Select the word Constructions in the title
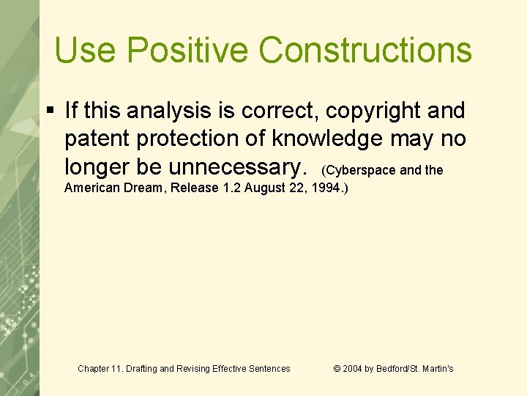coord(365,51)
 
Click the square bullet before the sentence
coord(50,111)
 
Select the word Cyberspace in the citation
coord(361,170)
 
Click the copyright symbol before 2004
coord(337,369)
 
